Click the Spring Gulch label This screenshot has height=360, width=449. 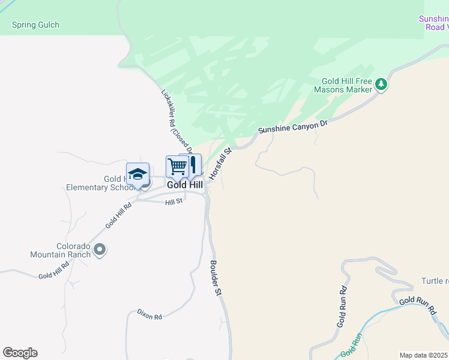coord(35,25)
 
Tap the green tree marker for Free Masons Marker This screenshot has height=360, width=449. coord(381,85)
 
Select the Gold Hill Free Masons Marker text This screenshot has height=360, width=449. coord(347,85)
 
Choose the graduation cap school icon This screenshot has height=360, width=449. coord(137,173)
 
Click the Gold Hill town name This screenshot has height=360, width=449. coord(184,185)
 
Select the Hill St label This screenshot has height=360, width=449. coord(173,203)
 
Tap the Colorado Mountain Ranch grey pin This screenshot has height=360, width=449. coord(100,249)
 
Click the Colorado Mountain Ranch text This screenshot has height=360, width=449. coord(61,250)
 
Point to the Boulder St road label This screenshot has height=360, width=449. coord(215,277)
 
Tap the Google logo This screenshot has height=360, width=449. coord(20,353)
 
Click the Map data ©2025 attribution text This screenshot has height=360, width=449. coord(423,355)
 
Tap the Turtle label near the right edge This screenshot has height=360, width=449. coord(435,281)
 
